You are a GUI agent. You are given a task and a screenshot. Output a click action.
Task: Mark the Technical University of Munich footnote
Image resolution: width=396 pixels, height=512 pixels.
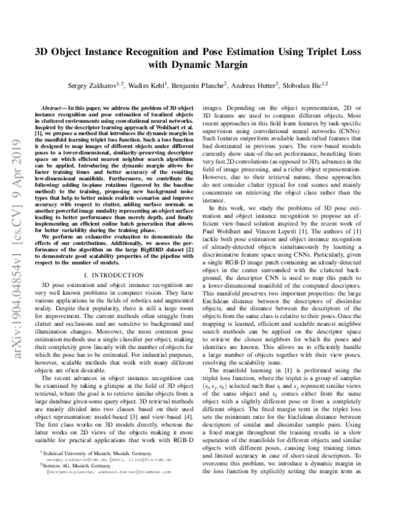point(95,473)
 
